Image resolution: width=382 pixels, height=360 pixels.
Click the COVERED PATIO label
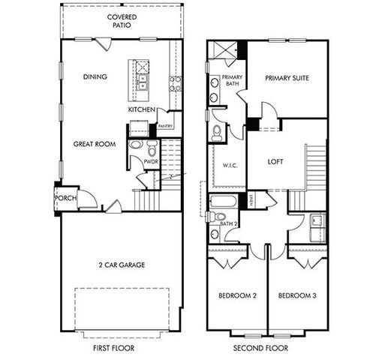tap(122, 20)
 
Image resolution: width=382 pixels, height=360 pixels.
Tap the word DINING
tap(95, 76)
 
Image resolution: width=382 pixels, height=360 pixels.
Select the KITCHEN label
tap(142, 109)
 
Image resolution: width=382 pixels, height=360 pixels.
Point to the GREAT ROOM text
tap(94, 142)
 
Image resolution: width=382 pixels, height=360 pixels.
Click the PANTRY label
tap(166, 126)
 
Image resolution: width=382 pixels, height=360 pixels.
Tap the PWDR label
tap(140, 161)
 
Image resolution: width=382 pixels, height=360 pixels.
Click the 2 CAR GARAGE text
tap(121, 264)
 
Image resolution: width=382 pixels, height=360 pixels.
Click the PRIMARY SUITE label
tap(287, 77)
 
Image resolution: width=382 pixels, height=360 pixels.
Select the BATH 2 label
tap(229, 223)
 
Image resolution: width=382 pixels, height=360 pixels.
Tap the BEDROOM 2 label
tap(237, 295)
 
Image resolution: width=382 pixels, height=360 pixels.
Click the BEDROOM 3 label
tap(296, 295)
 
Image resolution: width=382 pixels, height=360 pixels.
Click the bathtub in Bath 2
tap(223, 202)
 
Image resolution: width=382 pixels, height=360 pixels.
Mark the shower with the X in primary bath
tap(220, 50)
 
